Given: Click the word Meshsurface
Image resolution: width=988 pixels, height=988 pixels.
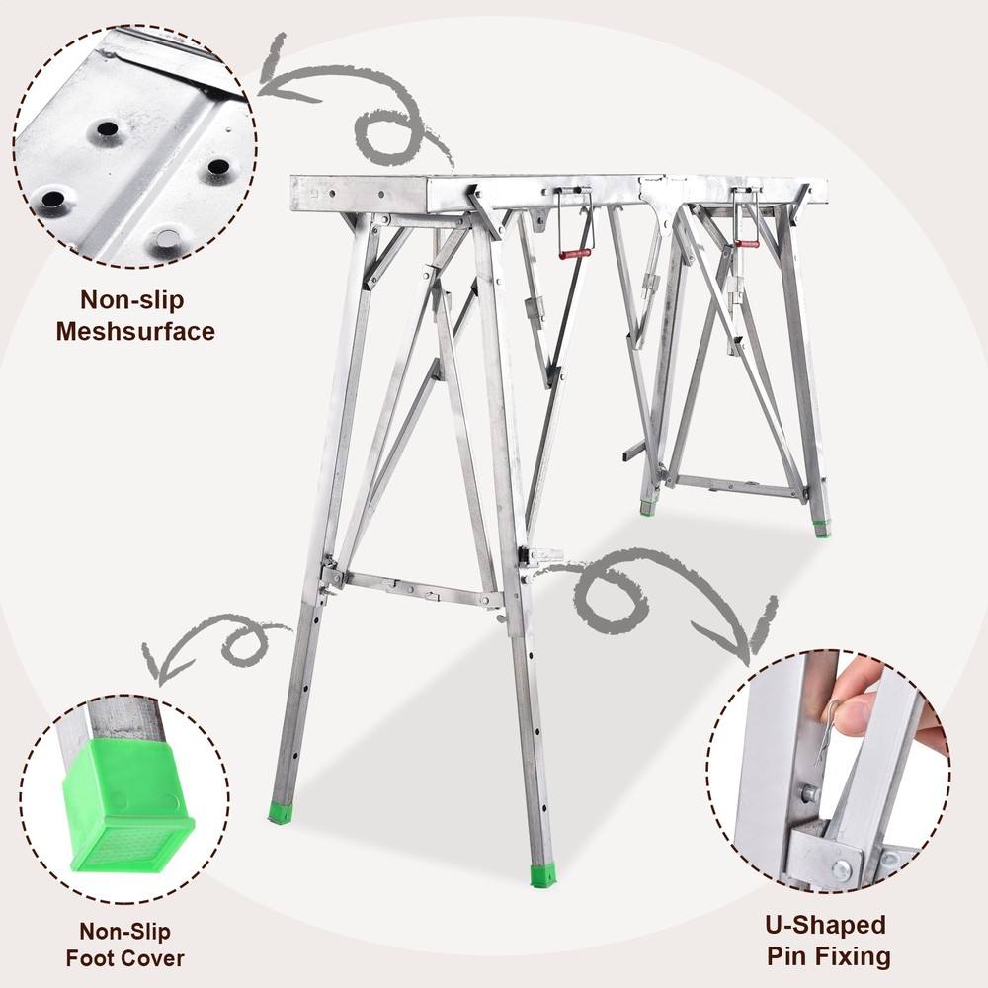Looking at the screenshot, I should pos(134,331).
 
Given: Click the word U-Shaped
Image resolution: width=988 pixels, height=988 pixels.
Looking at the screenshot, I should pos(826,926).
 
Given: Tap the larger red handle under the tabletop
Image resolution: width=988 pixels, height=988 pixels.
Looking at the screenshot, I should pos(575,254).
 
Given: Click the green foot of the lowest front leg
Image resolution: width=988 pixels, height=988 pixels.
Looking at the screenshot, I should pos(543,876).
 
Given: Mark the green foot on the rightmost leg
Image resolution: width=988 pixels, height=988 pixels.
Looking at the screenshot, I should pos(822,530).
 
